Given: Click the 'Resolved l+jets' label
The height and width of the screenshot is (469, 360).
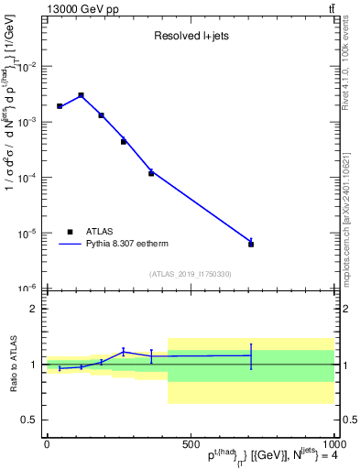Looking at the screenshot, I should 190,37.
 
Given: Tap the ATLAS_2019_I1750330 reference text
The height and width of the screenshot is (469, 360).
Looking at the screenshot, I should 190,274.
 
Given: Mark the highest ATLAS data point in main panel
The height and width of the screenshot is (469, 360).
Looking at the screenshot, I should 81,95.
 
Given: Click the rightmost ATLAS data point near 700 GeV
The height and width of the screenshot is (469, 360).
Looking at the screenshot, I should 251,244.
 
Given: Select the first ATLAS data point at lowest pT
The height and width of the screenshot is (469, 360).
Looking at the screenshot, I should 60,106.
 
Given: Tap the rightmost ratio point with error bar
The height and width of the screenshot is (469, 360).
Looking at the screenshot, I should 251,355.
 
